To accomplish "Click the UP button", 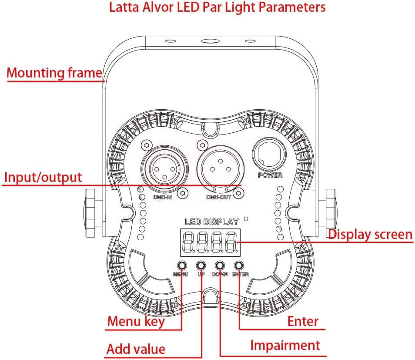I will tap(201, 265).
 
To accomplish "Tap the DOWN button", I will tap(220, 265).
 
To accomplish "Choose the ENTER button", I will tap(239, 265).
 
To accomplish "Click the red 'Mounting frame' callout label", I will tap(54, 73).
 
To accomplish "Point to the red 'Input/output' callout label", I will tap(43, 177).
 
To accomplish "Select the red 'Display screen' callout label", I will tap(370, 234).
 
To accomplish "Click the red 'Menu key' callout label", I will tap(136, 322).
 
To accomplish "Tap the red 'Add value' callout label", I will tap(136, 349).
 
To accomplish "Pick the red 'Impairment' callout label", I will tap(285, 345).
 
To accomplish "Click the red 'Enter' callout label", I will tap(303, 322).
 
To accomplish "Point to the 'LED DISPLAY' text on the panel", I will tap(212, 222).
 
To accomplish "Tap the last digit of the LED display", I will tap(231, 241).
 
